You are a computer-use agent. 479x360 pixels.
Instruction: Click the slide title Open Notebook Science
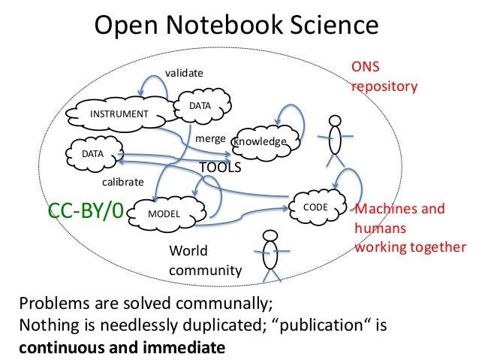(236, 27)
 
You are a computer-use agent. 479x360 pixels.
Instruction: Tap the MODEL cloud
(167, 213)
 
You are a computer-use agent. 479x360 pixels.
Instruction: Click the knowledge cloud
(259, 141)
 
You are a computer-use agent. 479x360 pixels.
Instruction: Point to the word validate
(184, 72)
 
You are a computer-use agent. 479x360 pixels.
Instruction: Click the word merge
(210, 139)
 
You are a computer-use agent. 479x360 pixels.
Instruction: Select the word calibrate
(122, 181)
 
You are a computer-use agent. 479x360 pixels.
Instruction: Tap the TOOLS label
(219, 168)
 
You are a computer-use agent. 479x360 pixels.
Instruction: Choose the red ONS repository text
(384, 77)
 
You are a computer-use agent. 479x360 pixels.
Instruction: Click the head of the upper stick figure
(335, 123)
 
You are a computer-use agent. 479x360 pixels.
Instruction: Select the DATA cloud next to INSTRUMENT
(199, 107)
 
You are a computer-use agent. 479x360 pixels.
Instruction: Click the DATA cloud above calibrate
(92, 154)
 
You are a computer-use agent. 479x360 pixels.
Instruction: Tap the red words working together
(410, 247)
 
